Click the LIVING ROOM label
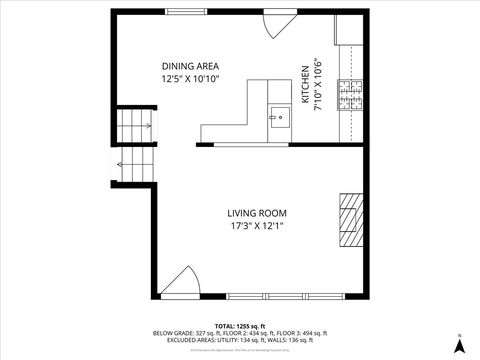pos(257,213)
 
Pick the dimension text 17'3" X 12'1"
pos(257,226)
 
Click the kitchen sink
pos(279,117)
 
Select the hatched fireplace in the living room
pos(347,219)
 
